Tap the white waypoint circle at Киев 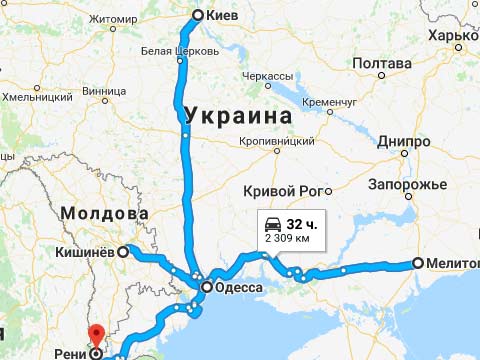[198, 15]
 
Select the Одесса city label [238, 288]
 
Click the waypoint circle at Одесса [206, 288]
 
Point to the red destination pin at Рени [95, 338]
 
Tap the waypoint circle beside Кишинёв [123, 252]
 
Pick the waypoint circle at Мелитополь [417, 264]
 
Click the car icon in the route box [272, 222]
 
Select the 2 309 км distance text [287, 240]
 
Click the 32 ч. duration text [301, 222]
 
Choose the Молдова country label [104, 214]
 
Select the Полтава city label [382, 64]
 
